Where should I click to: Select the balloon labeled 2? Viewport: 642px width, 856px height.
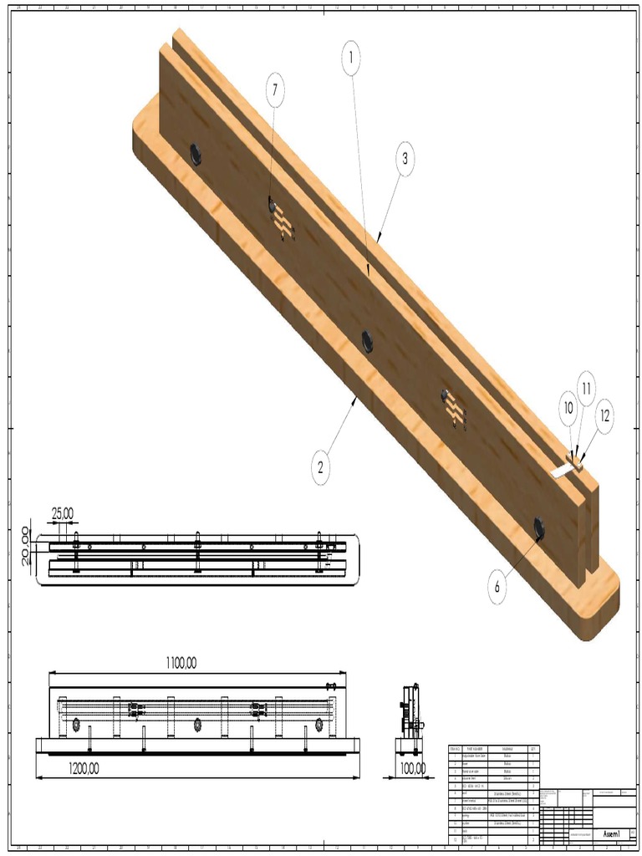320,468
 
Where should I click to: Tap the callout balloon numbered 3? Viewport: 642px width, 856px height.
405,159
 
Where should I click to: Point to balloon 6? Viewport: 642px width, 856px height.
497,587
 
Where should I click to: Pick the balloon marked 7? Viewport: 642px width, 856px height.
275,89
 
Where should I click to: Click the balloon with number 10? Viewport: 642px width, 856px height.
568,409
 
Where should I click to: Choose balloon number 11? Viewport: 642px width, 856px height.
586,388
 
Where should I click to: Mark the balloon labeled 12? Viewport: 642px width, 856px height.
604,413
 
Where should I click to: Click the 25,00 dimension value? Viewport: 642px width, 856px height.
63,513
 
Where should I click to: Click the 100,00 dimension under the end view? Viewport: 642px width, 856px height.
411,768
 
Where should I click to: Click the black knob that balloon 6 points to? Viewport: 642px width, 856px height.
539,527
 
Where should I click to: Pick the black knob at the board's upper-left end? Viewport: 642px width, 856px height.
196,153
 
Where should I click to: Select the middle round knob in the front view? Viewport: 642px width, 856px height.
198,724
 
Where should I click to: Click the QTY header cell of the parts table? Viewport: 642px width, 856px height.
532,748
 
